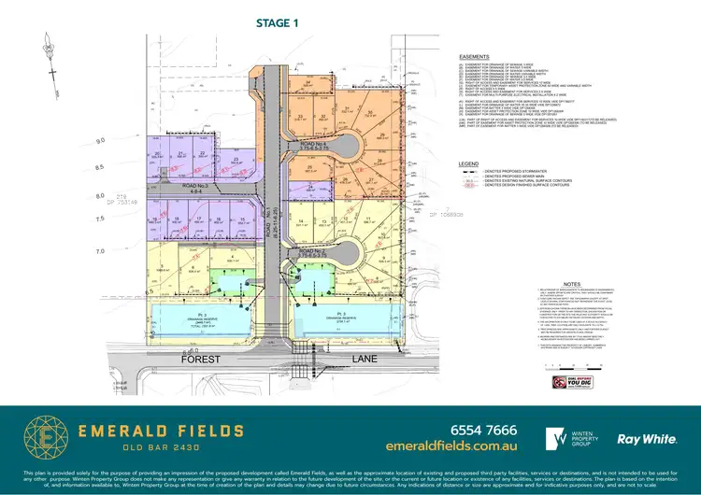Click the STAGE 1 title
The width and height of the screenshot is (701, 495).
pos(276,23)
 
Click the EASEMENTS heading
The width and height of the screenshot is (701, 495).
pos(470,56)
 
